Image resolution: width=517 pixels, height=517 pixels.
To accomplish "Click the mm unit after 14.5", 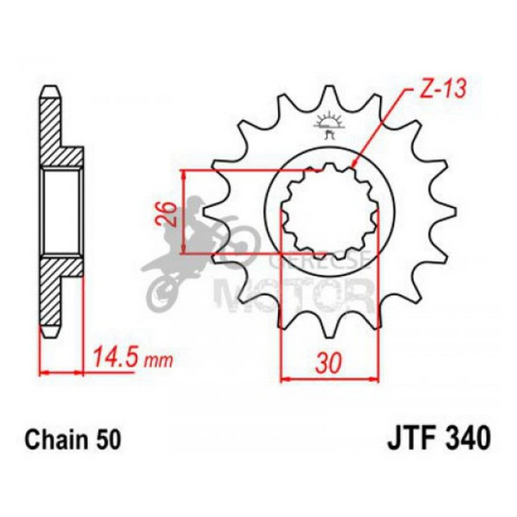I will pyautogui.click(x=158, y=360).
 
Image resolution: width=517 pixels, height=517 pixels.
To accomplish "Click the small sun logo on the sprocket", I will pyautogui.click(x=328, y=123).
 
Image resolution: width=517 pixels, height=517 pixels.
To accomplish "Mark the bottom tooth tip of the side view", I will pyautogui.click(x=50, y=332).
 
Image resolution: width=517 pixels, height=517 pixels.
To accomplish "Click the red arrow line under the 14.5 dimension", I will pyautogui.click(x=62, y=371).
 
